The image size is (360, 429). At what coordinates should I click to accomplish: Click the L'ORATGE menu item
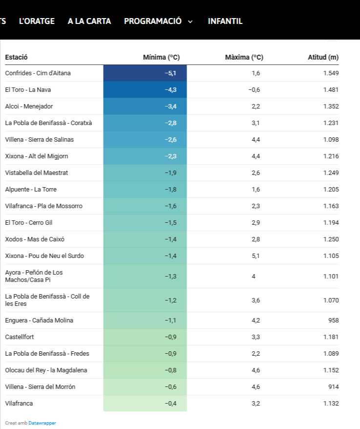coord(37,21)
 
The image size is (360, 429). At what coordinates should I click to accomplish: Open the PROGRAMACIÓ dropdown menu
coord(158,21)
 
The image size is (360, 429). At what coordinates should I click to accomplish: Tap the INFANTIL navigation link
coord(225,21)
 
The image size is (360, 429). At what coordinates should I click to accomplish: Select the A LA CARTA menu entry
coord(89,21)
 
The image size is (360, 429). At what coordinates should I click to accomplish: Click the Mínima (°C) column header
coord(161,57)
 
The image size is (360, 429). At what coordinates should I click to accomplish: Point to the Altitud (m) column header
coord(323,57)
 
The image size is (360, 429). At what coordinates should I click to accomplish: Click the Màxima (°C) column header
coord(244,57)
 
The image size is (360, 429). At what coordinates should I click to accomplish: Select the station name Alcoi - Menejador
coord(29,107)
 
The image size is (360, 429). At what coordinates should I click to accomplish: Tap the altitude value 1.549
coord(331,73)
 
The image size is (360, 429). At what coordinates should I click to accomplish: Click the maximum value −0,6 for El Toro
coord(254,90)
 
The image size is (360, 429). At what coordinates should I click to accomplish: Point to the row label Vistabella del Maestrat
coord(37,173)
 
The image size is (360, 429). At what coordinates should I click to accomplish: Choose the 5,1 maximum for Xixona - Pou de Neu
coord(255,256)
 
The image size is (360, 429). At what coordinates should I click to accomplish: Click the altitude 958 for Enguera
coord(333,321)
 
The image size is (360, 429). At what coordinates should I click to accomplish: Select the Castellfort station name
coord(20,337)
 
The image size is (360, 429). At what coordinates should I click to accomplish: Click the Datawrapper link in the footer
coord(42,423)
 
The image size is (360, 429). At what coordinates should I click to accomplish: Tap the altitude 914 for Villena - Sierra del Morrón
coord(333,387)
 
